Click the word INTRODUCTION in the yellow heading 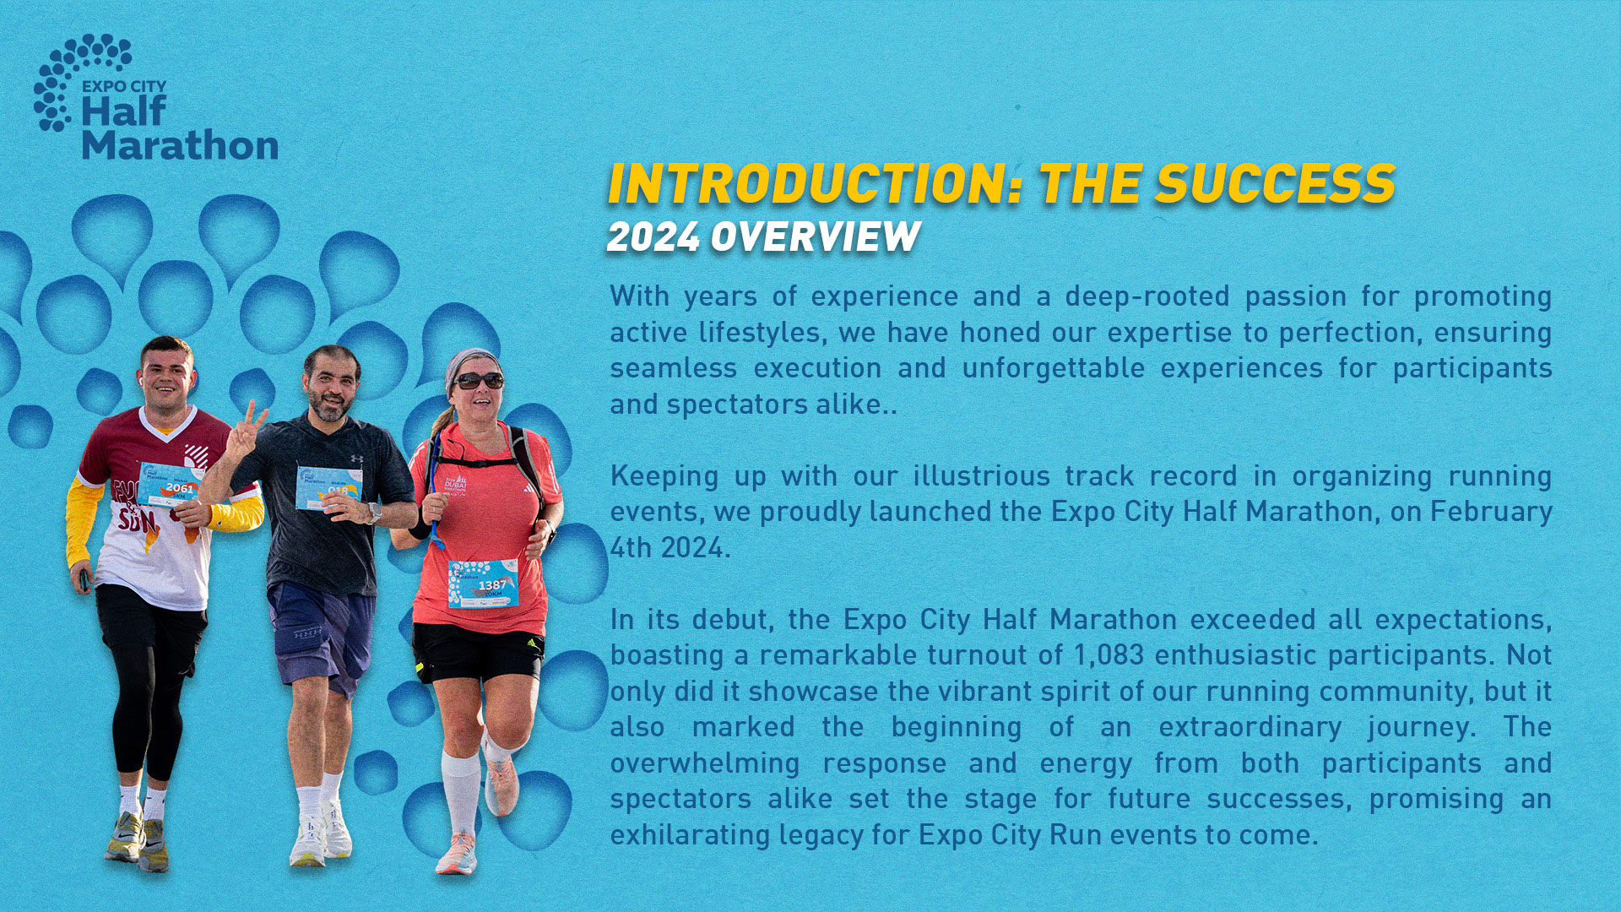[x=816, y=184]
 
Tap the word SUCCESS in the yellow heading [x=1275, y=184]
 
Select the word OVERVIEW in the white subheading [x=815, y=237]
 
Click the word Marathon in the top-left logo [x=180, y=144]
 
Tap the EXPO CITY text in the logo [x=124, y=86]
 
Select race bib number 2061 [x=179, y=487]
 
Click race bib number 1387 [x=492, y=584]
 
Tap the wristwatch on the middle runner [x=374, y=513]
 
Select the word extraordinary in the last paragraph [x=1250, y=727]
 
